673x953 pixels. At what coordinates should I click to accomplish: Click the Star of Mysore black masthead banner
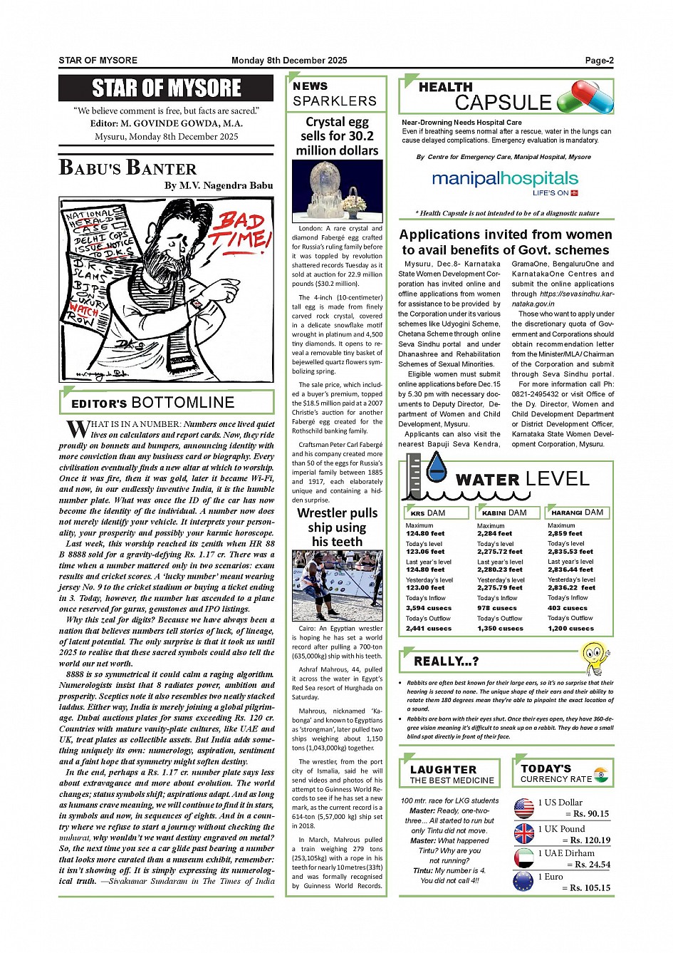coord(166,88)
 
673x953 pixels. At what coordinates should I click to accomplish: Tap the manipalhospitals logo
coord(505,180)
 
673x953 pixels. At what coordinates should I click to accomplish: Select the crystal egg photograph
coord(337,190)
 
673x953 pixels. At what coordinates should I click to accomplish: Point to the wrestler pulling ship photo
coord(337,586)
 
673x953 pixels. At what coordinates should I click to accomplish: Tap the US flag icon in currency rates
coord(524,808)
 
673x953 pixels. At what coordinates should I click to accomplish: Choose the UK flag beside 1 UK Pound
coord(524,833)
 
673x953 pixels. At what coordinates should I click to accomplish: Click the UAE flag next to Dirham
coord(524,857)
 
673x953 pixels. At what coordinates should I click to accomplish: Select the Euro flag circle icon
coord(524,882)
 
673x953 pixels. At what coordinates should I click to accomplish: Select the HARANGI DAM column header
coord(578,512)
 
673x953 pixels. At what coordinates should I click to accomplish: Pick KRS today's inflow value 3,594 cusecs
coord(429,608)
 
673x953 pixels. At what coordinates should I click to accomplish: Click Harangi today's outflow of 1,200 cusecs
coord(570,629)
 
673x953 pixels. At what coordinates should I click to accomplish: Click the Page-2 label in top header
coord(599,61)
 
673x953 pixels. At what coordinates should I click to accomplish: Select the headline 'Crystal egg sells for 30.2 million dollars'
coord(337,136)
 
